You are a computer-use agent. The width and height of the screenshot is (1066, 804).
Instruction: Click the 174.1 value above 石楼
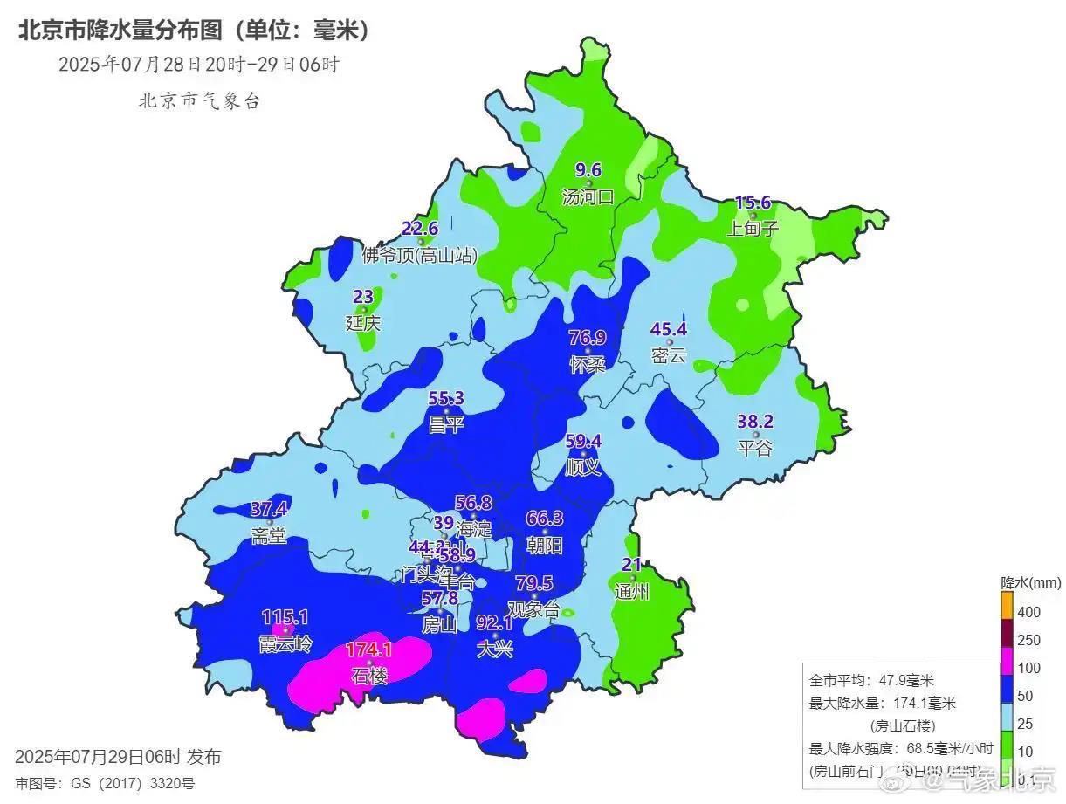click(x=369, y=649)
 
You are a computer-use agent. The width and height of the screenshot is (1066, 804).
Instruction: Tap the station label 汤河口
click(x=588, y=197)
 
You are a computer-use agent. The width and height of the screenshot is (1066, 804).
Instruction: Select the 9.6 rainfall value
click(x=588, y=171)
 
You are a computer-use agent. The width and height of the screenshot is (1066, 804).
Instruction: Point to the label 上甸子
click(x=753, y=229)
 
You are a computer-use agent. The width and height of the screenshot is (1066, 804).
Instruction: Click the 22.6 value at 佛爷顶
click(x=420, y=229)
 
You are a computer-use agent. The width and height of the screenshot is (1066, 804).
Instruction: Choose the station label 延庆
click(x=363, y=322)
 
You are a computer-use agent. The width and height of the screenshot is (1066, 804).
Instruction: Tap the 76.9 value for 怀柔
click(x=588, y=338)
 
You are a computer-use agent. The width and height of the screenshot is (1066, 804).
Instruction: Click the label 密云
click(x=669, y=355)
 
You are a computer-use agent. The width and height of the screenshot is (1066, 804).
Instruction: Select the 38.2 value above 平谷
click(x=756, y=422)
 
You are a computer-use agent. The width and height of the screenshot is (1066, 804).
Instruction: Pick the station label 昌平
click(x=446, y=424)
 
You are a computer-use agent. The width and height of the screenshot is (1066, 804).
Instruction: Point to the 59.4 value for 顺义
click(x=583, y=442)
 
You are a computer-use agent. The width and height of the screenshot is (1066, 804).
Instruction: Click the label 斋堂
click(x=269, y=535)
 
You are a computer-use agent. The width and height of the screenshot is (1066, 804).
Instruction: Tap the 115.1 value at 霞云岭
click(x=285, y=618)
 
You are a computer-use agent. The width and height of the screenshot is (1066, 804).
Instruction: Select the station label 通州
click(x=632, y=591)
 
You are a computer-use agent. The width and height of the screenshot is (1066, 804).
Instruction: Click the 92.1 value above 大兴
click(x=494, y=623)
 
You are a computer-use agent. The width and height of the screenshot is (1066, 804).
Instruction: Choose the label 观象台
click(x=533, y=609)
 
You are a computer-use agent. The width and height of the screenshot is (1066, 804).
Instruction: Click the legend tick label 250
click(x=1029, y=640)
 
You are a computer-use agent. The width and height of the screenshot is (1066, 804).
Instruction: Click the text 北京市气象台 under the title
click(x=199, y=101)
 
